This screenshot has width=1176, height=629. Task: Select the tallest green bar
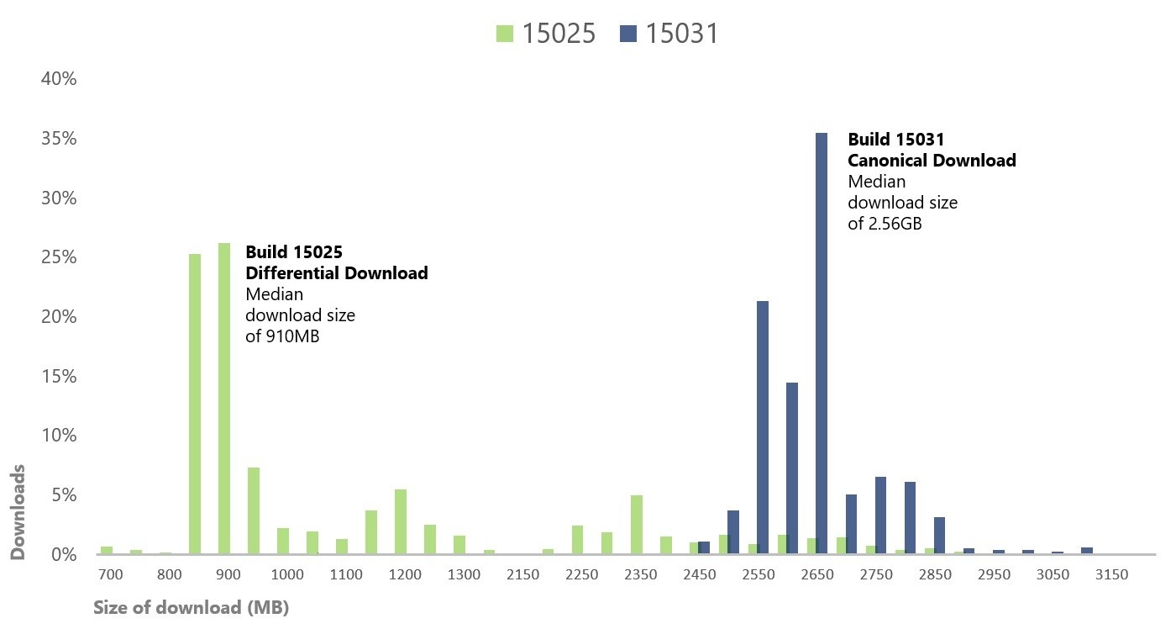point(224,399)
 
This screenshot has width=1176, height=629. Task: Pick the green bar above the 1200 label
point(401,521)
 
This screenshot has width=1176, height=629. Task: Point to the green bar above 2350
point(637,525)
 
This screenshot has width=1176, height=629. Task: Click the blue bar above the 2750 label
point(880,515)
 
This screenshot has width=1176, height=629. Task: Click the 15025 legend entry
point(546,34)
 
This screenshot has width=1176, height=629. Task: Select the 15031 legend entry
point(669,34)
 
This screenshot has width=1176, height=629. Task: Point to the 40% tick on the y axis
point(59,79)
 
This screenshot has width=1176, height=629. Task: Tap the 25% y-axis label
point(59,257)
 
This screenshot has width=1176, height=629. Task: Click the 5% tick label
point(64,495)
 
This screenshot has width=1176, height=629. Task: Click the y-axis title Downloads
point(18,511)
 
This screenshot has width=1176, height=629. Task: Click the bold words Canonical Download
point(932,161)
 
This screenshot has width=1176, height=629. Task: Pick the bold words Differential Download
point(336,273)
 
